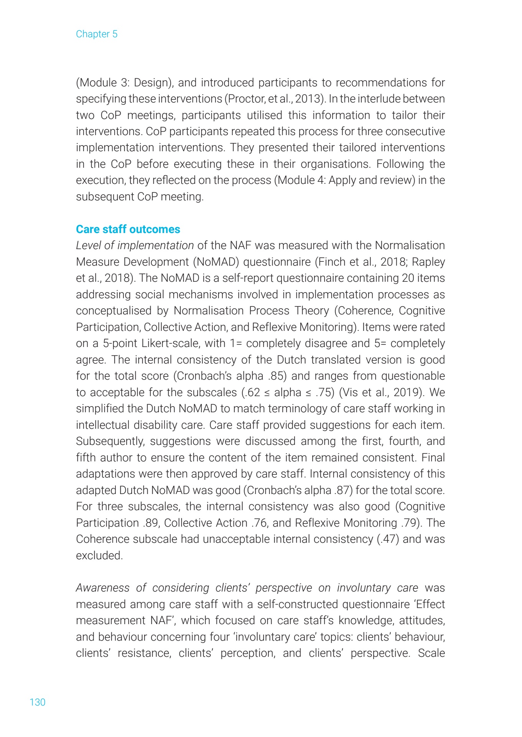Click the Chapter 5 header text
click(x=97, y=34)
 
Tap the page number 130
click(x=38, y=702)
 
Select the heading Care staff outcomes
click(x=128, y=229)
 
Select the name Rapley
click(x=428, y=262)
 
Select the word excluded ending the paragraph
click(x=99, y=555)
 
